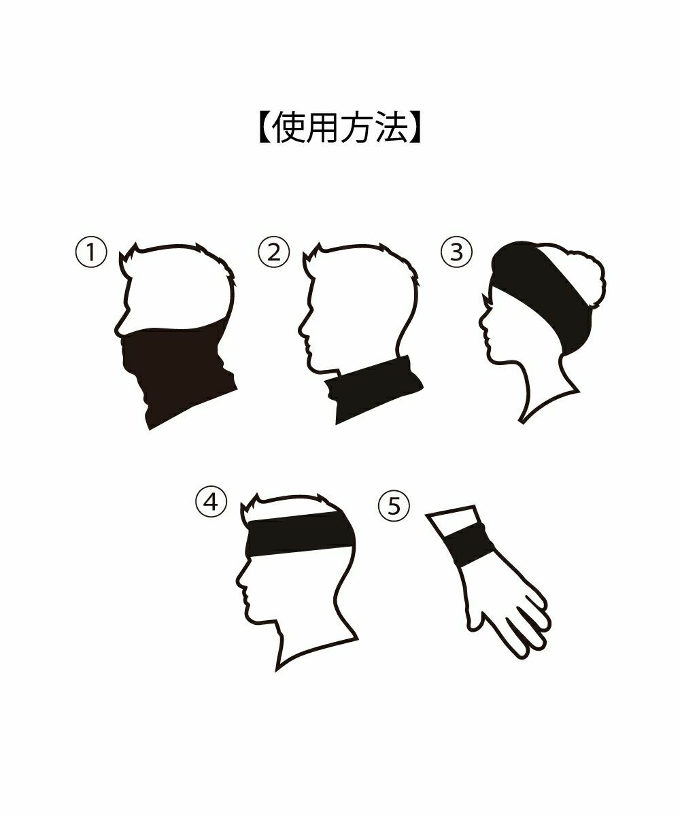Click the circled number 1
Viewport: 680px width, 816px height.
(x=90, y=252)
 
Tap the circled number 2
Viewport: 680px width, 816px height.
(x=273, y=252)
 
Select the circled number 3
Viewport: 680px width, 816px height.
(x=456, y=252)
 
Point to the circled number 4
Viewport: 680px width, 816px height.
(x=211, y=503)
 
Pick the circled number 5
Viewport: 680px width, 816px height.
(x=394, y=506)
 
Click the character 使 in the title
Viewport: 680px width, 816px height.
(x=288, y=128)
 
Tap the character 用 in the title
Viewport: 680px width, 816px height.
(x=322, y=128)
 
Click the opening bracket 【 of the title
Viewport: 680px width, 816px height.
(x=265, y=128)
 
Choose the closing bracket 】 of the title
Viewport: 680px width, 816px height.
(x=413, y=128)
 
